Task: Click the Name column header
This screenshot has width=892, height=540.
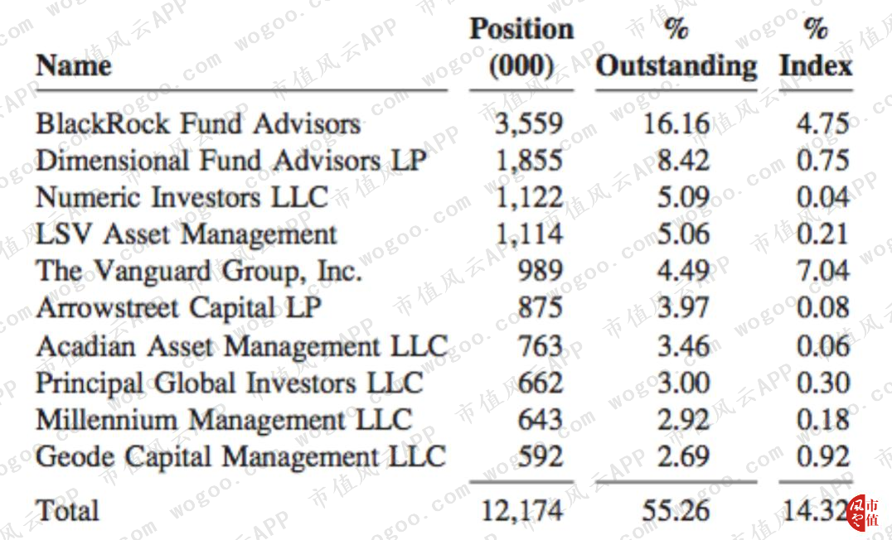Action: pyautogui.click(x=74, y=65)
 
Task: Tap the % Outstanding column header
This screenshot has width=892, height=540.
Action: pyautogui.click(x=676, y=48)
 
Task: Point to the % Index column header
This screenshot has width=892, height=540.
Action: pyautogui.click(x=816, y=48)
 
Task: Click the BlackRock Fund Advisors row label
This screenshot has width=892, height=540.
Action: pyautogui.click(x=198, y=123)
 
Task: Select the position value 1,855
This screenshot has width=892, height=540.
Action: pyautogui.click(x=529, y=161)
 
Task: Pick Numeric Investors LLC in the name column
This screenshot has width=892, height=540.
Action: pyautogui.click(x=182, y=197)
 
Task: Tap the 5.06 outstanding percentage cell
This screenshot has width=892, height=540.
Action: pyautogui.click(x=683, y=234)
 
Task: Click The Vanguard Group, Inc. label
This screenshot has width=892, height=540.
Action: pyautogui.click(x=199, y=271)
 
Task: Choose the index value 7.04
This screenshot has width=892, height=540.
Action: pyautogui.click(x=822, y=271)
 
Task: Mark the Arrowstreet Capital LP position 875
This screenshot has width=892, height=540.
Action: pyautogui.click(x=540, y=307)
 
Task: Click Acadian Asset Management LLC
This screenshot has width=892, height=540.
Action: pyautogui.click(x=242, y=345)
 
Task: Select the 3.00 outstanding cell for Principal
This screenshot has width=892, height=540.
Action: pyautogui.click(x=683, y=383)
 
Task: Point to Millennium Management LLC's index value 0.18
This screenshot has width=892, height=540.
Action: pyautogui.click(x=822, y=420)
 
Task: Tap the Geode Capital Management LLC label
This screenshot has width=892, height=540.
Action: pyautogui.click(x=240, y=456)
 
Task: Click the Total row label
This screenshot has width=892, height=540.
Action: pyautogui.click(x=68, y=510)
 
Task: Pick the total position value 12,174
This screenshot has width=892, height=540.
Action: pyautogui.click(x=522, y=510)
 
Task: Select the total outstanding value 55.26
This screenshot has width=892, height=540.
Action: pyautogui.click(x=676, y=510)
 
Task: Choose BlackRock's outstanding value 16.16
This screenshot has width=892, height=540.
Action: pyautogui.click(x=676, y=123)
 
